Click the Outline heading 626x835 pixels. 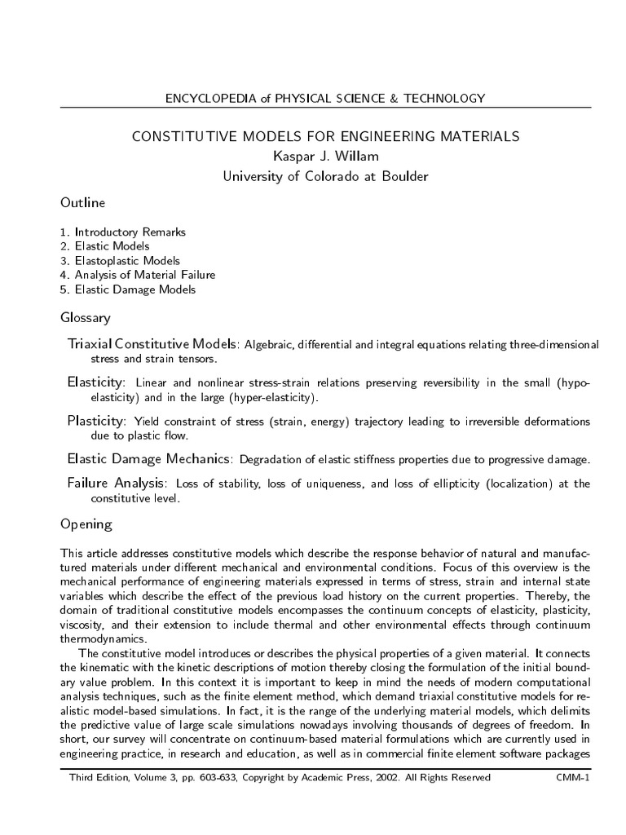pos(82,202)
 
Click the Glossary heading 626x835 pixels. pos(86,317)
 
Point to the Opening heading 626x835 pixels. pos(86,524)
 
